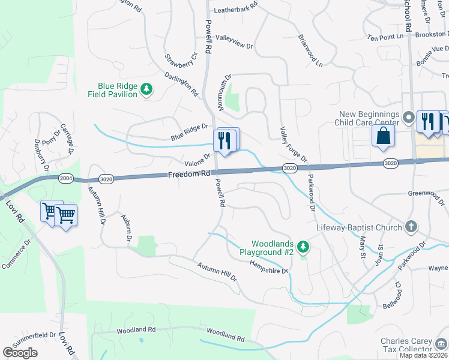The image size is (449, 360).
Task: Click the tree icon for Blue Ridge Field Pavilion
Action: (146, 90)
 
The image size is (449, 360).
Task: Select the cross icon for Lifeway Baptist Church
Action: (411, 227)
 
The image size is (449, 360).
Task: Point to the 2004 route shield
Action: (66, 178)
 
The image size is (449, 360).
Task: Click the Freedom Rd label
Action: (188, 174)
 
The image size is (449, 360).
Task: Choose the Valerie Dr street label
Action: (198, 160)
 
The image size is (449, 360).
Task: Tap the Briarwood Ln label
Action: (310, 50)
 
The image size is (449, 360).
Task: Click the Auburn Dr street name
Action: (126, 229)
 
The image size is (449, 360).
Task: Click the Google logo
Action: (20, 353)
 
